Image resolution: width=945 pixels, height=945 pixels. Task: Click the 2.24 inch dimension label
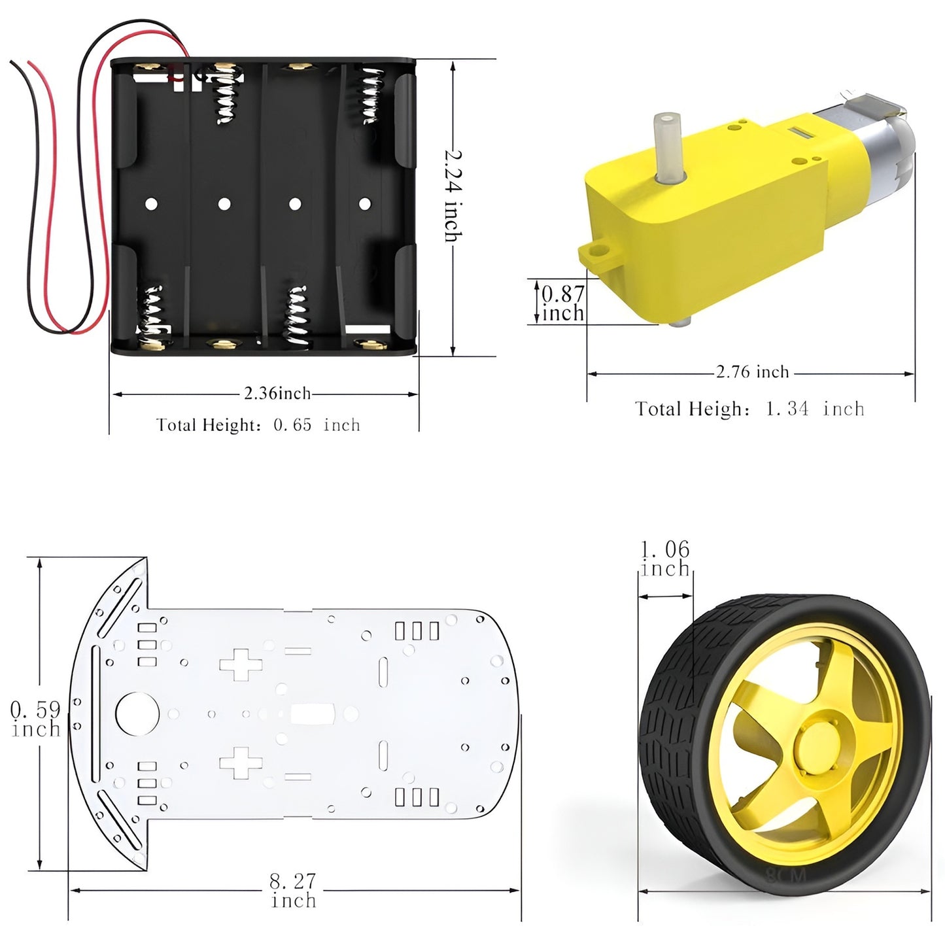tap(453, 196)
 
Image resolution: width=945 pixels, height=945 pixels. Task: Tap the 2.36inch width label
tap(277, 393)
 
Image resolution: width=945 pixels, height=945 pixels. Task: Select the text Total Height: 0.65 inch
tap(258, 424)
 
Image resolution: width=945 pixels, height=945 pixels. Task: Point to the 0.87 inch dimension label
tap(563, 303)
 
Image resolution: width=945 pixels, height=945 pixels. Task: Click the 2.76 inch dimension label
tap(753, 371)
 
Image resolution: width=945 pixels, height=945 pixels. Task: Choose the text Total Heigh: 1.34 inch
tap(750, 409)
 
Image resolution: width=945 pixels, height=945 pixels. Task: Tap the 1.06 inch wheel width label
tap(666, 558)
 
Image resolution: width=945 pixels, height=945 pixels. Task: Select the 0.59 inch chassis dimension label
tap(36, 719)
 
